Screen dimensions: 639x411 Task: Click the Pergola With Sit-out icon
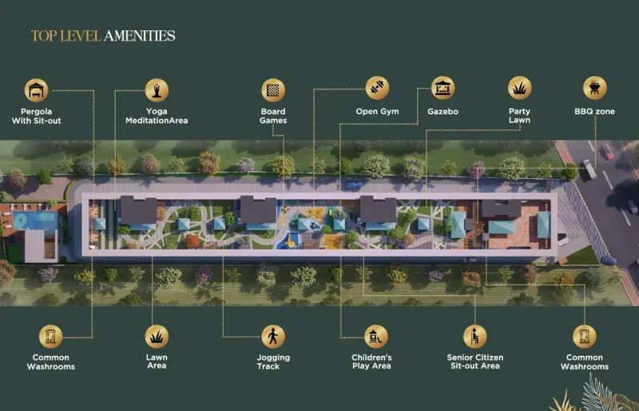coord(36,90)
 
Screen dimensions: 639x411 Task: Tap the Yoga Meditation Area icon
coord(157,90)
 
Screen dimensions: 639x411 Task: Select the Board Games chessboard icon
coord(273,90)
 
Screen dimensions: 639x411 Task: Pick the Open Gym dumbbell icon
coord(377,88)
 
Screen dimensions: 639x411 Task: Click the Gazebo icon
coord(443,88)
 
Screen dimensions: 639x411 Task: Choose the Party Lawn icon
coord(520,88)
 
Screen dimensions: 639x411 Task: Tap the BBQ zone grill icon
coord(595,88)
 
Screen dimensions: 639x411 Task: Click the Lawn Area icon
coord(157,337)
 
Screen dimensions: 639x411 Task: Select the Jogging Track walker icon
coord(273,337)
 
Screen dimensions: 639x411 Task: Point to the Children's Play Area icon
coord(375,337)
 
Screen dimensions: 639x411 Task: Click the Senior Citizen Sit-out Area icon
coord(474,337)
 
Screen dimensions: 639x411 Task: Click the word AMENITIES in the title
coord(139,36)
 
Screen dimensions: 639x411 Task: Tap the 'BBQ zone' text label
coord(594,111)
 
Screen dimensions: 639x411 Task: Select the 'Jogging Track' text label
coord(273,361)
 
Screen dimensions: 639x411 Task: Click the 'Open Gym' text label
coord(377,111)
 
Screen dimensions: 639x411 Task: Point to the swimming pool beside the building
coord(35,221)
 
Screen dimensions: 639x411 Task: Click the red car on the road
coord(608,151)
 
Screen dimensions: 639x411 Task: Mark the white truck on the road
coord(589,169)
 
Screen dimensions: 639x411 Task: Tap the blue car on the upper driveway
coord(354,185)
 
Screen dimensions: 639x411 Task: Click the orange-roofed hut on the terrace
coord(192,241)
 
